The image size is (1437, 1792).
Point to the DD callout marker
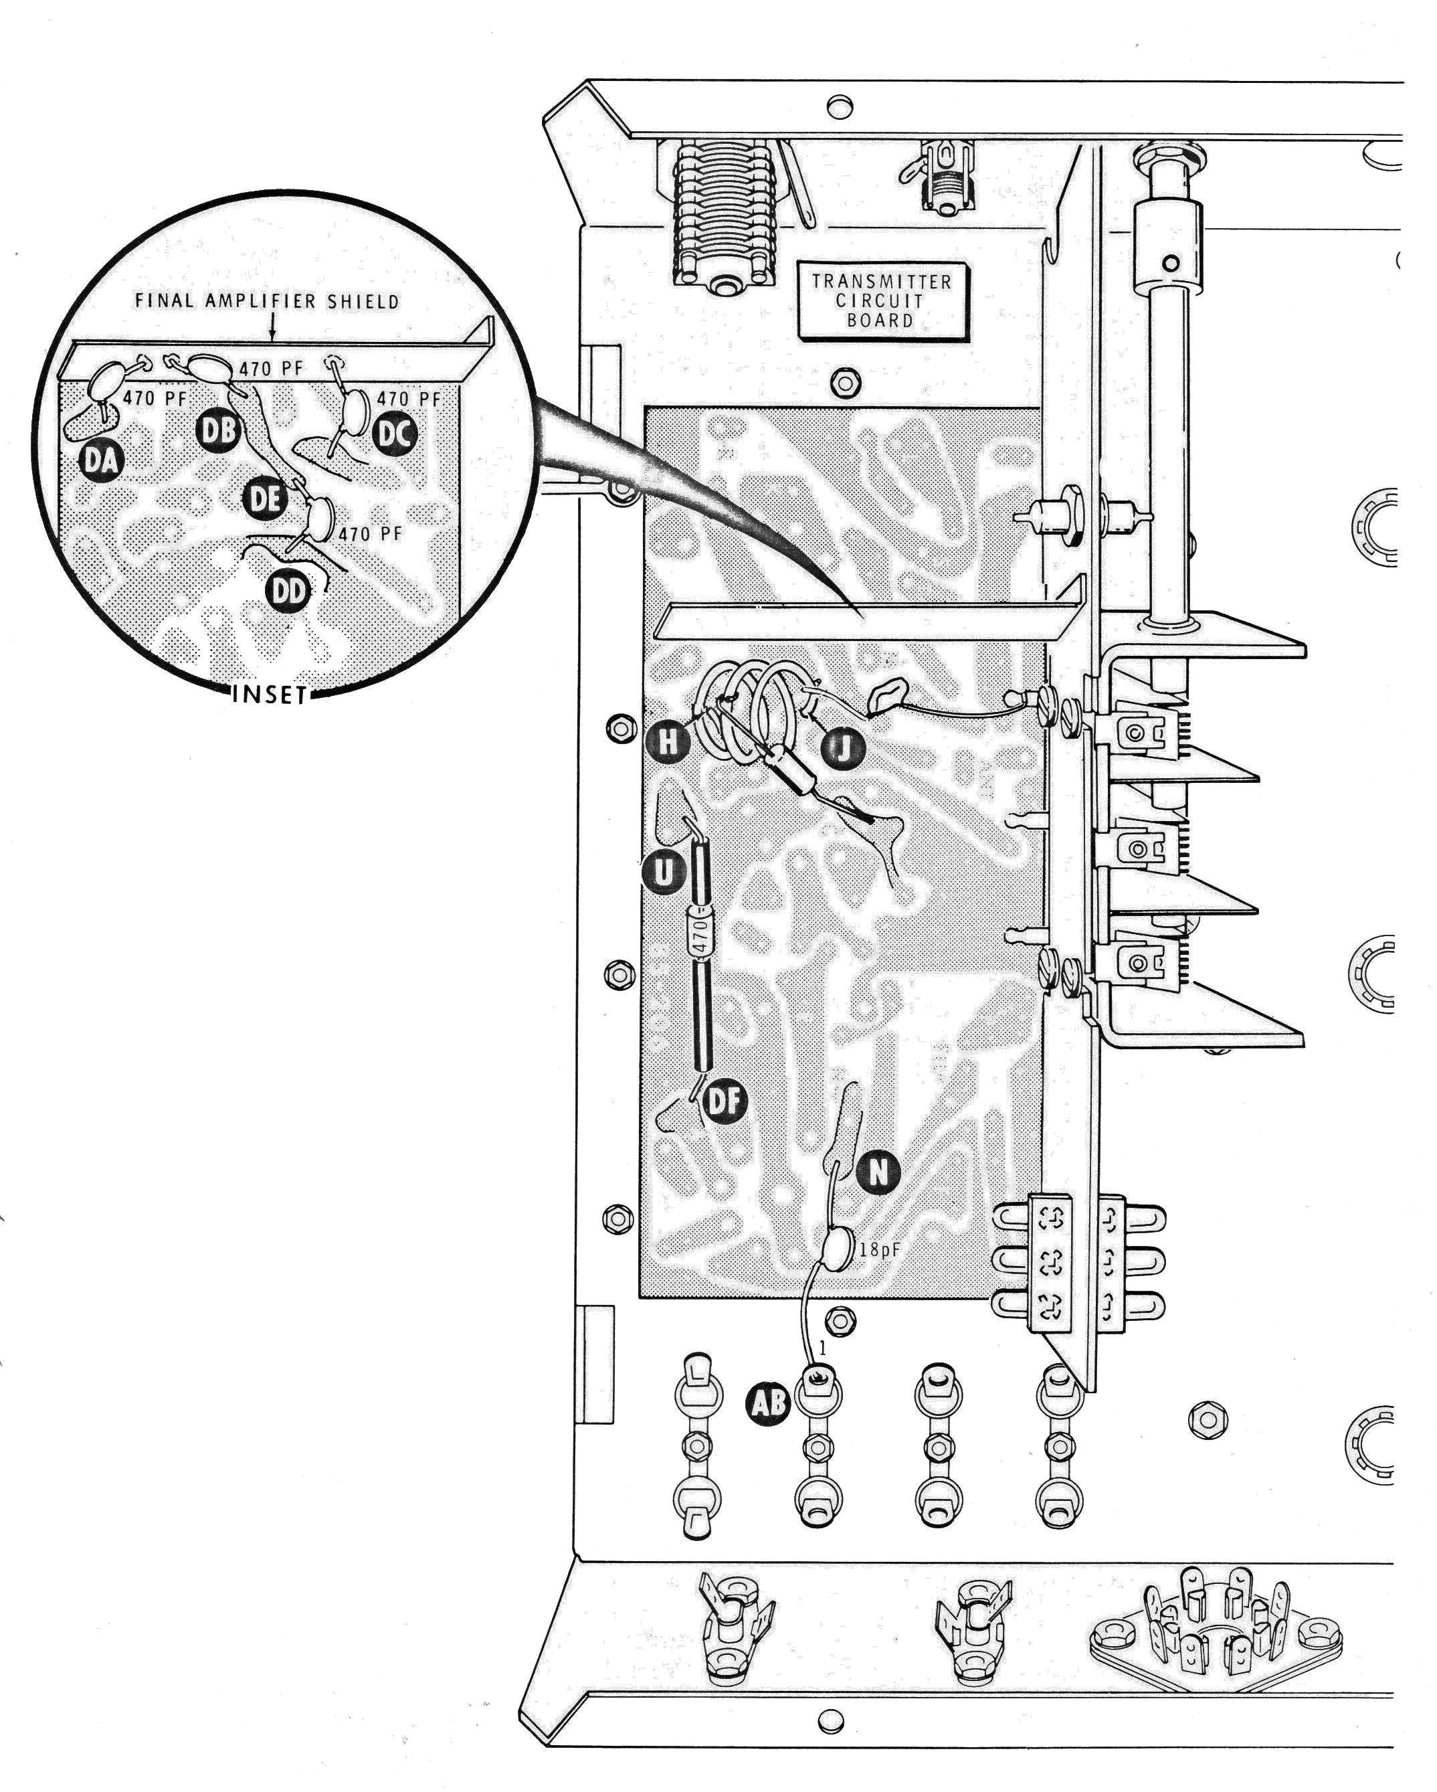click(288, 591)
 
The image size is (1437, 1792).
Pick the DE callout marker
click(264, 500)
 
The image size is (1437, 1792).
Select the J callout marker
click(843, 749)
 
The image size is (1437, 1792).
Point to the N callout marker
click(878, 1171)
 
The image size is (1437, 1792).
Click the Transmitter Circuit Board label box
click(882, 301)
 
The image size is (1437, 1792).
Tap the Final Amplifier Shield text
click(267, 301)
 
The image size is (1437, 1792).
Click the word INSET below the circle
click(270, 694)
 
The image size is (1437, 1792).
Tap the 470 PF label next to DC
click(408, 398)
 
